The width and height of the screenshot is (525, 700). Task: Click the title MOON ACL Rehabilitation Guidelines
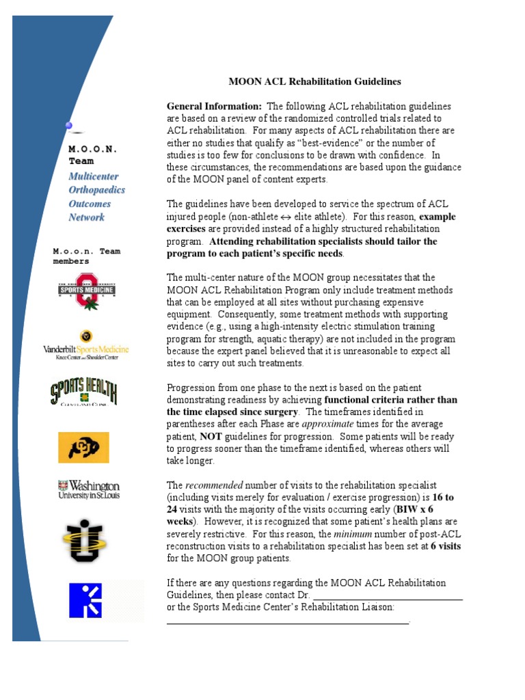314,81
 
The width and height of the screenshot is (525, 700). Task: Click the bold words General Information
214,106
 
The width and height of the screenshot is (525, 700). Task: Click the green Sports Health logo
83,394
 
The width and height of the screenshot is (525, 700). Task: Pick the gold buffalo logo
83,447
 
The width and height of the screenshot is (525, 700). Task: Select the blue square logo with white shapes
85,600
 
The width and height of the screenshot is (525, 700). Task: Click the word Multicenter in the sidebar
94,176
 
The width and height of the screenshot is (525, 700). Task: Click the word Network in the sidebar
87,217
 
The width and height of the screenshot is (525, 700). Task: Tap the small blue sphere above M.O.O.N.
68,125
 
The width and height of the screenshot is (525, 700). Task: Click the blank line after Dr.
388,595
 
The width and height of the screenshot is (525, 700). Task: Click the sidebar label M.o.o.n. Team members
86,256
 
